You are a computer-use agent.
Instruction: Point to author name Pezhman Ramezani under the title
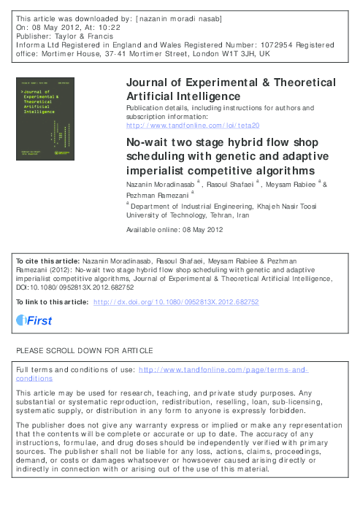(155, 195)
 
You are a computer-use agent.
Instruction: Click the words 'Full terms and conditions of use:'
(74, 371)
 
